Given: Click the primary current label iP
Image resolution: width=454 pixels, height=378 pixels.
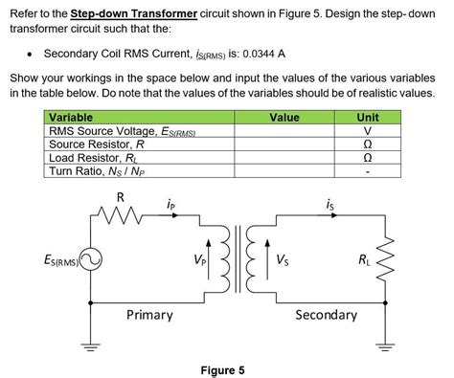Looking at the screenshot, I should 170,204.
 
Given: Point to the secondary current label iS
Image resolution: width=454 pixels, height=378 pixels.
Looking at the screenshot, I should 330,204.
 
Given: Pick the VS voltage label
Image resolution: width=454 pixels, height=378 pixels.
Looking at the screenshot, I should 285,260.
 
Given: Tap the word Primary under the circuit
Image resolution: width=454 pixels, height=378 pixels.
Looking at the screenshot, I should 149,315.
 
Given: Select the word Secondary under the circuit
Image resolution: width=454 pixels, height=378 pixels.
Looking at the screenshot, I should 326,315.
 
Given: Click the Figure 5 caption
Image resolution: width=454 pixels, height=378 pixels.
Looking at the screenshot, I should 222,369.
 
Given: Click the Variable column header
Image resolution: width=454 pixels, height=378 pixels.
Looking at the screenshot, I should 73,118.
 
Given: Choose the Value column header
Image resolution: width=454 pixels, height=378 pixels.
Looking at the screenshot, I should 284,118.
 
